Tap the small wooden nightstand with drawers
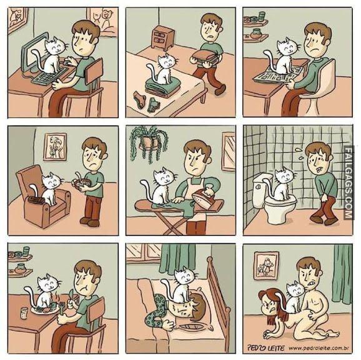click(x=162, y=37)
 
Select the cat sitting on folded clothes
click(x=163, y=69)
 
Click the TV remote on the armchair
click(x=36, y=200)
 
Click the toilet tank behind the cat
click(x=261, y=192)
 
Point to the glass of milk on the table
click(x=24, y=313)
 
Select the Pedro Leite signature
click(x=266, y=348)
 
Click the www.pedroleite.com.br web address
click(x=319, y=348)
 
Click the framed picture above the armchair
click(x=55, y=147)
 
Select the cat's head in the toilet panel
click(x=285, y=175)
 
